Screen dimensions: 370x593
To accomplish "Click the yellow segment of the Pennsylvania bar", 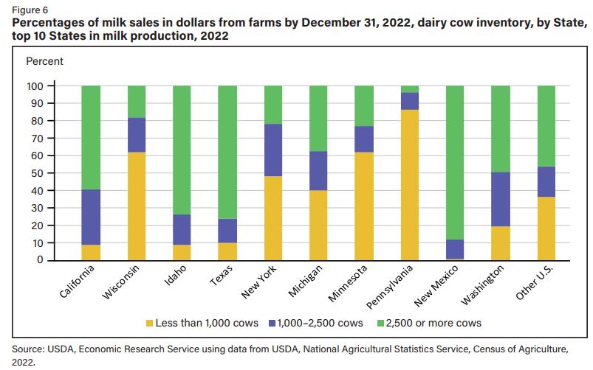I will pyautogui.click(x=410, y=185).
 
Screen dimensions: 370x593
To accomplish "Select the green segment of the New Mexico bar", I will pyautogui.click(x=456, y=162).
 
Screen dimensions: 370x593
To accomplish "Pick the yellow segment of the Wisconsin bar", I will pyautogui.click(x=137, y=206).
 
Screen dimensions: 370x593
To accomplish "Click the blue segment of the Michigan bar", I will pyautogui.click(x=319, y=171).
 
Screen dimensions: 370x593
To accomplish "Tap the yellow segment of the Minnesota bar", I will pyautogui.click(x=364, y=206).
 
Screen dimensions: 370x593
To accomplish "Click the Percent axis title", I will pyautogui.click(x=44, y=61).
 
